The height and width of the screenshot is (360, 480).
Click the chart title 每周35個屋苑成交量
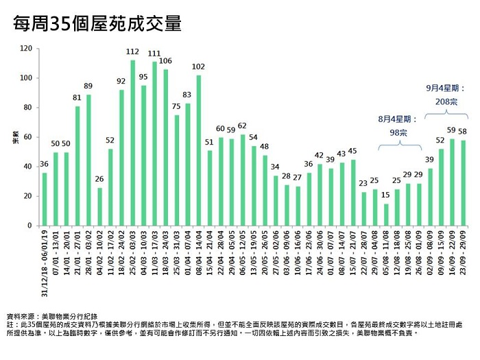98,25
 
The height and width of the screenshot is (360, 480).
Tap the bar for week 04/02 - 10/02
100,206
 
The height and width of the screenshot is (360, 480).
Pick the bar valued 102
199,150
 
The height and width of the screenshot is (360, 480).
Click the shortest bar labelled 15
386,215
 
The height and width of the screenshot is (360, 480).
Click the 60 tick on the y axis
28,137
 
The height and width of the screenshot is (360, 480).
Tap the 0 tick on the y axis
30,226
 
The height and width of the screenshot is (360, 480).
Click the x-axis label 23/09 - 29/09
464,254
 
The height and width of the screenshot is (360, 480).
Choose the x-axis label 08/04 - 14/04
200,254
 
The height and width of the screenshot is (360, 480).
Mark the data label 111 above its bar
154,53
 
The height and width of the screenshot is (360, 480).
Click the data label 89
88,86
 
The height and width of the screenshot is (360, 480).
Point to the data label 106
165,61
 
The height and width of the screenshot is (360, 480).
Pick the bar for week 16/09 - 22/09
452,182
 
